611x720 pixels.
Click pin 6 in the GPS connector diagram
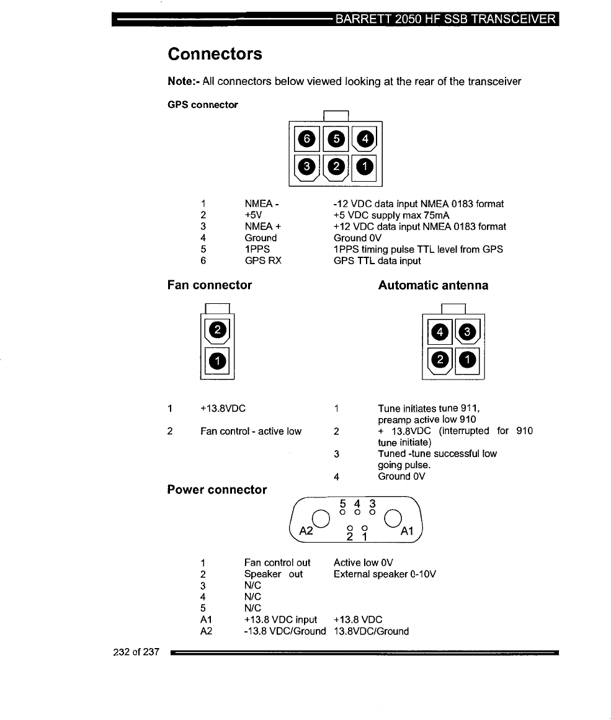[305, 139]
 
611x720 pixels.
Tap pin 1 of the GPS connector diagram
[366, 166]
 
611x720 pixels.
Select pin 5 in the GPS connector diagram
[336, 139]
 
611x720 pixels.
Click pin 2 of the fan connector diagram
[217, 331]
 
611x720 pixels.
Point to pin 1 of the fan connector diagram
[217, 360]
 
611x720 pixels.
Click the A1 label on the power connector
[407, 531]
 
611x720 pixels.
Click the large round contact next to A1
[394, 518]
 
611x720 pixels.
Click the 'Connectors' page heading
[215, 54]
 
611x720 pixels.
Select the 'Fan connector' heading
[210, 285]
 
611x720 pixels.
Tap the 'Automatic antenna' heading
[433, 285]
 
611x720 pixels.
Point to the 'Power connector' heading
[217, 490]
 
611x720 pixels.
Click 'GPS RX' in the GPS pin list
[263, 261]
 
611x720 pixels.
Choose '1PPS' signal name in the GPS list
[257, 249]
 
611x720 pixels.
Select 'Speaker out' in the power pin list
[274, 574]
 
